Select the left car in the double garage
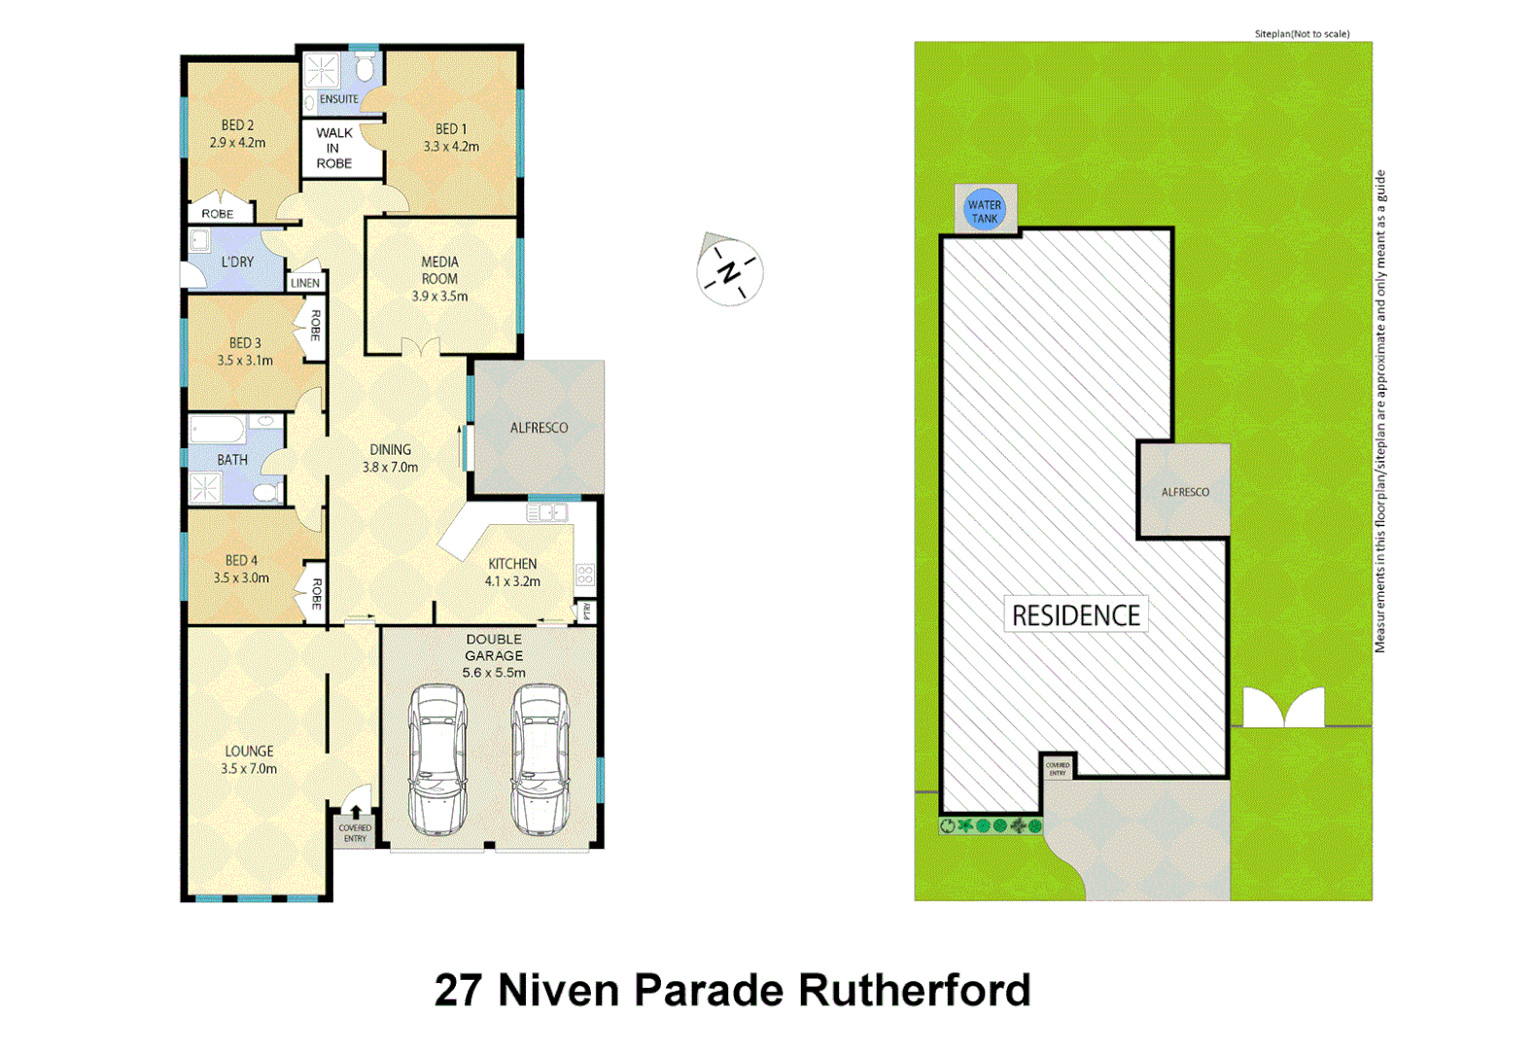pos(437,759)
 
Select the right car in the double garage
pos(540,759)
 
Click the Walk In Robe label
pos(333,149)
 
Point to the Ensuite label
pos(338,99)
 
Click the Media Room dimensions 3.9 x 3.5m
pos(439,297)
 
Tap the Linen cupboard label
pos(305,283)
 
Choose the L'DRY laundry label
pos(237,262)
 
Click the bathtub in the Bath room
pos(218,429)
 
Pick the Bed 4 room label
pos(241,560)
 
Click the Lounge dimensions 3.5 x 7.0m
pos(249,769)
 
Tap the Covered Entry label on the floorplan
pos(355,833)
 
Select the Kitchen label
pos(512,564)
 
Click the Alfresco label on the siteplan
pos(1185,492)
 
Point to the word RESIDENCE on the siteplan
pos(1075,615)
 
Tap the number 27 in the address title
pos(459,991)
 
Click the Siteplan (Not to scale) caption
pos(1302,34)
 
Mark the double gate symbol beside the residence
pos(1283,708)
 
